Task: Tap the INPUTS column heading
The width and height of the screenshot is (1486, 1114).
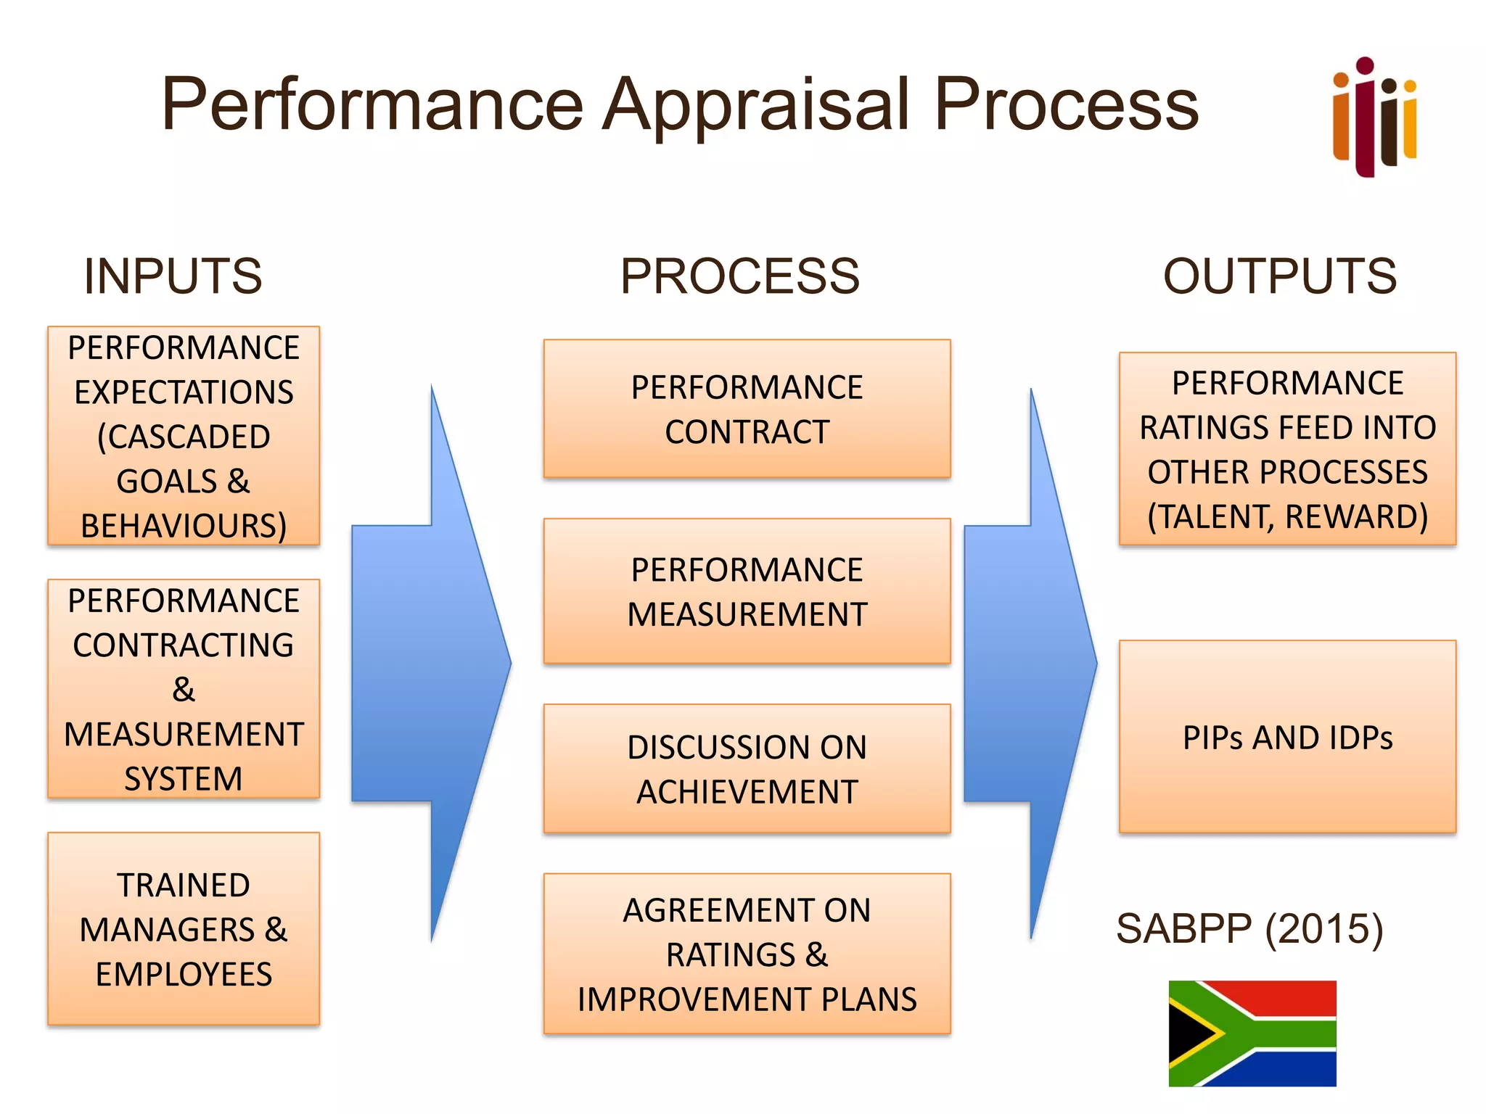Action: click(173, 276)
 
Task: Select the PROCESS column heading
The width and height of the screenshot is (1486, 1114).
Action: click(739, 276)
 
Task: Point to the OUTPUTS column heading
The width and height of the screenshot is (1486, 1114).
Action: click(1279, 276)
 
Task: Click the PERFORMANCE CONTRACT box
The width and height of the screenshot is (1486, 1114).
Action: click(747, 409)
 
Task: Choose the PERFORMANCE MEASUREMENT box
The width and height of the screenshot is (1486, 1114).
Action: click(747, 592)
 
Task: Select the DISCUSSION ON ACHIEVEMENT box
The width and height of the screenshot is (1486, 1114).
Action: click(747, 769)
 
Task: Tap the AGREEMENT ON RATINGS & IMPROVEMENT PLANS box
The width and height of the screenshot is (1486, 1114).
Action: click(747, 954)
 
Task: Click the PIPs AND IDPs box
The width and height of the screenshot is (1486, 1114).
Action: click(1287, 737)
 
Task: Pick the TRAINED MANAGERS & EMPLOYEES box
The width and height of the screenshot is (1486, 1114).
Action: click(184, 929)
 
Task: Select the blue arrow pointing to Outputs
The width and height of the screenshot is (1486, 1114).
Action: click(1030, 664)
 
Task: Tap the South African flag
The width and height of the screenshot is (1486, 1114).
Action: click(1252, 1033)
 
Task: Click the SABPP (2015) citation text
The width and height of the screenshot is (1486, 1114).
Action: click(1249, 929)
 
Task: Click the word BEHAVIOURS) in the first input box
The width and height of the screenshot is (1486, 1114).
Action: click(184, 526)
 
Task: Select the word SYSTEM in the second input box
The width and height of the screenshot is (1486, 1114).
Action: click(184, 779)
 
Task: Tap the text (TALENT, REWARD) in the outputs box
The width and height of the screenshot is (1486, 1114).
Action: click(1287, 517)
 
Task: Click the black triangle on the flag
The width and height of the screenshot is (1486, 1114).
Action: click(1189, 1033)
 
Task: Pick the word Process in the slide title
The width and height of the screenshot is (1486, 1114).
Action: click(1066, 105)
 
